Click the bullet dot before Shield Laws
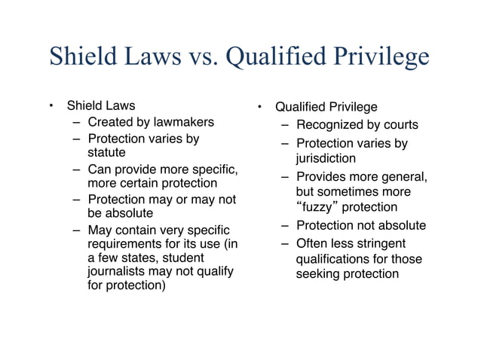click(x=49, y=105)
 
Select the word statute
click(x=107, y=153)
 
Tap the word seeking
click(x=320, y=273)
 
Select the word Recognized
click(x=331, y=124)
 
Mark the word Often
click(x=312, y=243)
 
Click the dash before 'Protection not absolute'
click(x=286, y=225)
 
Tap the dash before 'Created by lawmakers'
click(x=78, y=122)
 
